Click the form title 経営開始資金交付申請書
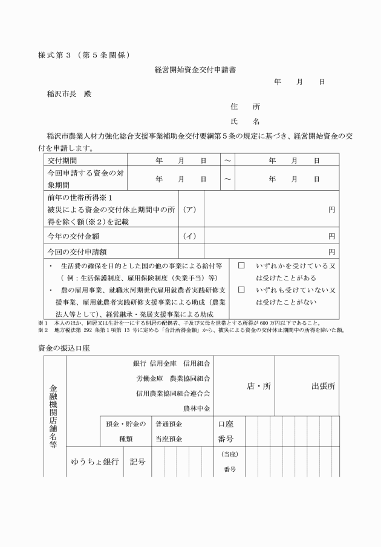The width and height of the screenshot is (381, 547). (195, 70)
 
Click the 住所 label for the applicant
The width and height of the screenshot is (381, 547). (246, 107)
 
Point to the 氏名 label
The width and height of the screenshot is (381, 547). (246, 121)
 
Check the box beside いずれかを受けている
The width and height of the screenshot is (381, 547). (241, 266)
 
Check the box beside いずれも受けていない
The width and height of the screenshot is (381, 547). (241, 290)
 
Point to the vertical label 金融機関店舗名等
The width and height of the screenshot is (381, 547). (54, 416)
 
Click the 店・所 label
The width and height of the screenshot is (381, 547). (259, 386)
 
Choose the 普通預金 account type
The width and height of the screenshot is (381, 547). (169, 425)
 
